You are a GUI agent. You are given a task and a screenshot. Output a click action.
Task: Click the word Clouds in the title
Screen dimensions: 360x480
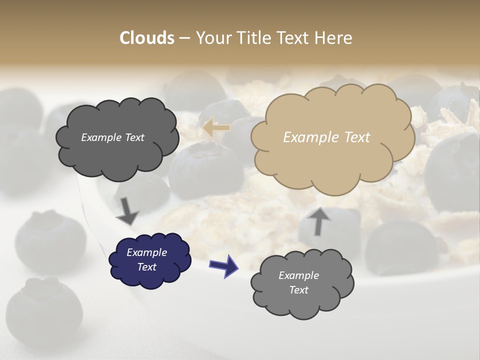click(x=147, y=38)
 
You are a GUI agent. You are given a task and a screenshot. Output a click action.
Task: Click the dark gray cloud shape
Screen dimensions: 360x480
click(x=117, y=150)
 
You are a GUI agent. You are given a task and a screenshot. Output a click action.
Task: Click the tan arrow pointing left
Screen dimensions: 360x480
click(x=216, y=128)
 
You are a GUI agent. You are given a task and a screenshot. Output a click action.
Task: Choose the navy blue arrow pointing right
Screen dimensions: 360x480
click(x=224, y=265)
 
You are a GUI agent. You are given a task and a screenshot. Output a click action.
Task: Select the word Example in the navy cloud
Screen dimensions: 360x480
click(x=146, y=252)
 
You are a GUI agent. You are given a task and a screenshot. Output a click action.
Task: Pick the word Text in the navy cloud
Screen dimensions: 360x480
click(x=147, y=267)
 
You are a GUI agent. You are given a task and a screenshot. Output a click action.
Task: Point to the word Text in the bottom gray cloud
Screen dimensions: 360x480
click(x=299, y=290)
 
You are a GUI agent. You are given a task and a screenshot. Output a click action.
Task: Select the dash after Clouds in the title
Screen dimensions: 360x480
click(x=184, y=38)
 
